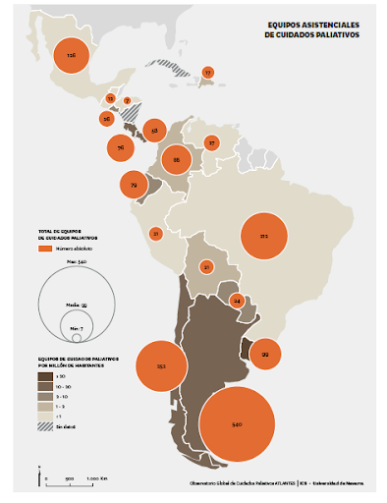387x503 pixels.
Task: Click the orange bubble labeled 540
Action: pyautogui.click(x=237, y=423)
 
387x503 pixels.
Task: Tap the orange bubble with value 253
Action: pyautogui.click(x=161, y=365)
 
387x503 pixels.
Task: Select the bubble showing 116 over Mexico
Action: pyautogui.click(x=71, y=56)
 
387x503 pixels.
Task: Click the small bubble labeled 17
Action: pyautogui.click(x=207, y=73)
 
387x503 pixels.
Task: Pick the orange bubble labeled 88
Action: pyautogui.click(x=176, y=158)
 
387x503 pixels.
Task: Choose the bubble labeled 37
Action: pyautogui.click(x=211, y=142)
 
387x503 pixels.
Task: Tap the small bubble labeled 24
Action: pyautogui.click(x=237, y=300)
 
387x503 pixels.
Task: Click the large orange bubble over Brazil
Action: pyautogui.click(x=263, y=236)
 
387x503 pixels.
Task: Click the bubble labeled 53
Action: pyautogui.click(x=152, y=130)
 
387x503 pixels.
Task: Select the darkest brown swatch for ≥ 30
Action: pyautogui.click(x=44, y=375)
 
